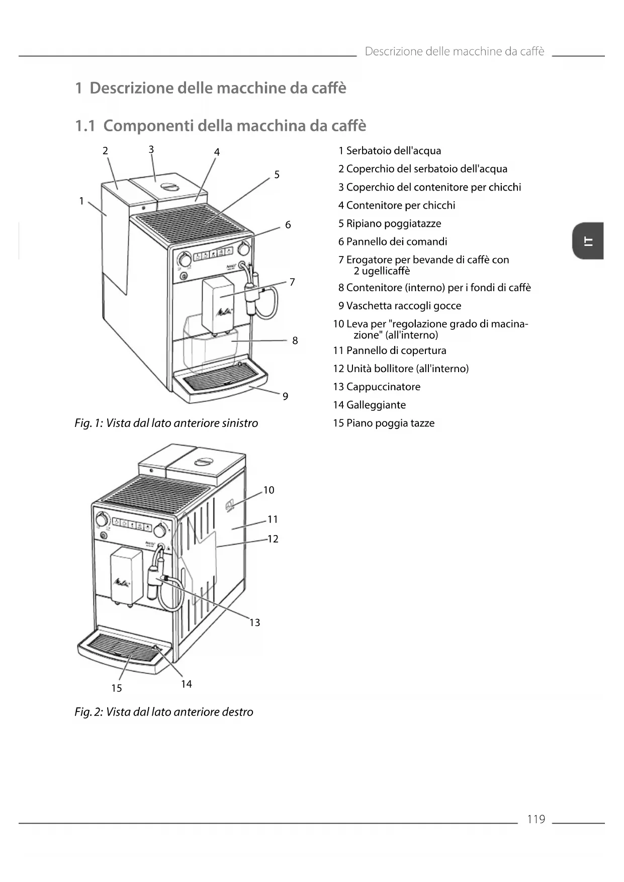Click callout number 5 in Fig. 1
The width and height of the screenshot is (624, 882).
point(277,175)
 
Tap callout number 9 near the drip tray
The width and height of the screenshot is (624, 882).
point(285,396)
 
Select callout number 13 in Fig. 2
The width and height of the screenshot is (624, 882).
point(254,623)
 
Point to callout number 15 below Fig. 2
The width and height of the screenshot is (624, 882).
point(117,688)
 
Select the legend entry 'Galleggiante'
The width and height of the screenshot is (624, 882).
point(376,405)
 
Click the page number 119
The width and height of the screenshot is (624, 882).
point(536,819)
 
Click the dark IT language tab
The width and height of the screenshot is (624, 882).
point(588,241)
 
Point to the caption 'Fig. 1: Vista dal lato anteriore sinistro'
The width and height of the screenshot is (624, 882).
point(166,423)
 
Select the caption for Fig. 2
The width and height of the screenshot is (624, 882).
point(164,712)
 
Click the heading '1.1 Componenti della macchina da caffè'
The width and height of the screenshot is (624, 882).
point(221,125)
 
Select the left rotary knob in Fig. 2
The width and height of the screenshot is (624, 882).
point(102,519)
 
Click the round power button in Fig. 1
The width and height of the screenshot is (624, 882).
point(184,277)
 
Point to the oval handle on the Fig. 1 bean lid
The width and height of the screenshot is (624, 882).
point(169,186)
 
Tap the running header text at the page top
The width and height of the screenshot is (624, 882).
point(454,51)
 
